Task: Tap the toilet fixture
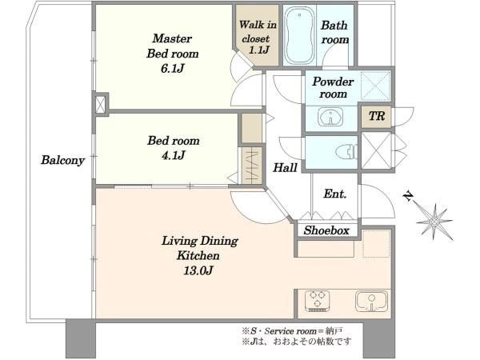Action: tap(347, 151)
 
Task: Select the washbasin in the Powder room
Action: tap(330, 116)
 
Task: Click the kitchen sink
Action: tap(371, 302)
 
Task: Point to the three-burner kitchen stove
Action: tap(318, 301)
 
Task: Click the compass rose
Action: tap(434, 222)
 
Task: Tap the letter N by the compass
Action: tap(407, 196)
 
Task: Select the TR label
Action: tap(377, 116)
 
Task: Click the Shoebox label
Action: tap(326, 230)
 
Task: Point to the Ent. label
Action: tap(335, 194)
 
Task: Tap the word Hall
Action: tap(285, 167)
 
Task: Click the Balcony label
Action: tap(62, 160)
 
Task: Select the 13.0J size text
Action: tap(198, 270)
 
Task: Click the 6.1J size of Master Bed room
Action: tap(172, 68)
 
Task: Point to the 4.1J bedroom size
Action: tap(174, 155)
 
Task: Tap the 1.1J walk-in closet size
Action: tap(259, 50)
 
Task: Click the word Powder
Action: tap(333, 82)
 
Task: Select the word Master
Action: tap(172, 38)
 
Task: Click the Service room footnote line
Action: tap(292, 331)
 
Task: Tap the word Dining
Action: tap(219, 241)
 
